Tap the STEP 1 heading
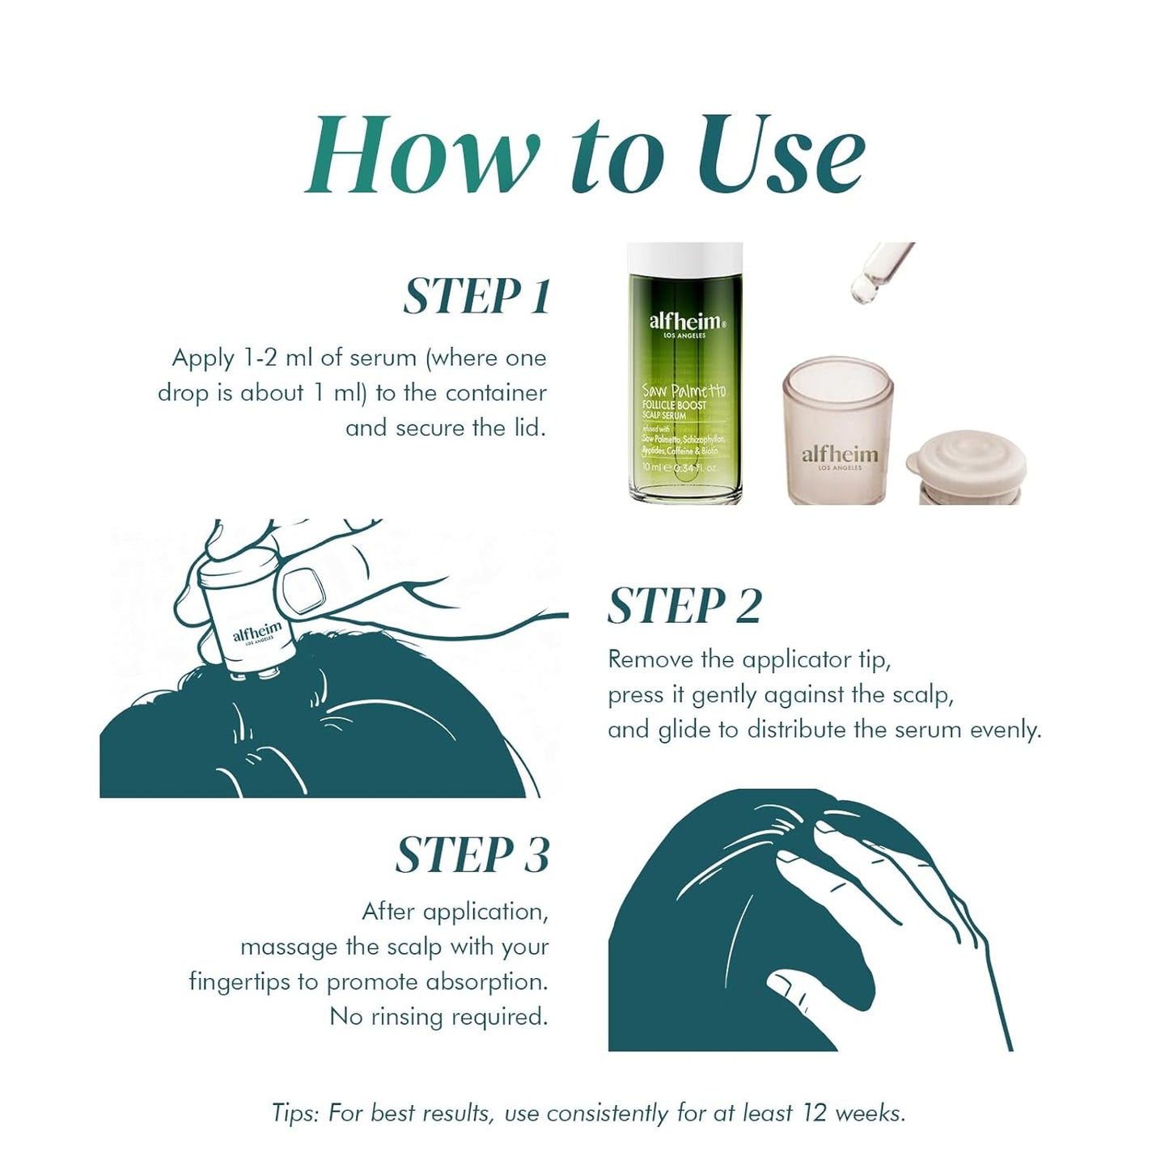477,296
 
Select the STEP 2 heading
684,607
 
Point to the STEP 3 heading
472,855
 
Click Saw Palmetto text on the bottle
684,391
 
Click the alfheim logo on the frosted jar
839,455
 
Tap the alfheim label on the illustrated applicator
257,631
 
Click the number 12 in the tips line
814,1113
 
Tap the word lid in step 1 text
531,428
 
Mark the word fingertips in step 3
241,982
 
